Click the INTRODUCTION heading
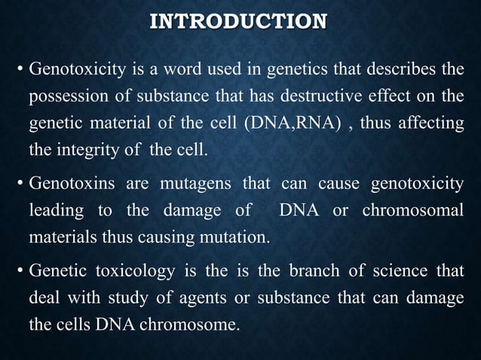pos(239,20)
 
